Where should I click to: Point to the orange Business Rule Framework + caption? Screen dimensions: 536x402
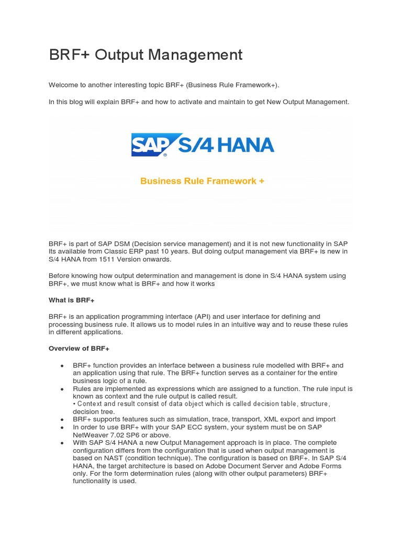point(202,181)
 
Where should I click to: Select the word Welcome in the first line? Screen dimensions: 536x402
point(63,85)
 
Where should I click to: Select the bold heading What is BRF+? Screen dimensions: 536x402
point(71,300)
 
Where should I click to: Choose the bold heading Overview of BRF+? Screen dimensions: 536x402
point(79,349)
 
